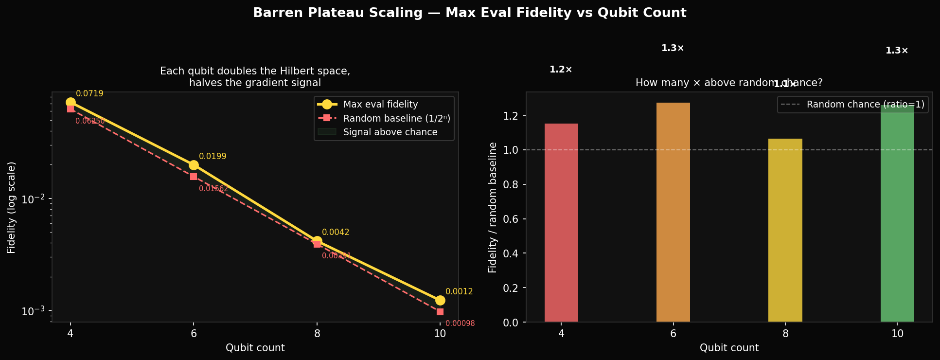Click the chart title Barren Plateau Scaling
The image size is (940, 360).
pyautogui.click(x=469, y=13)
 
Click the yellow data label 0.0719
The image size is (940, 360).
pyautogui.click(x=89, y=93)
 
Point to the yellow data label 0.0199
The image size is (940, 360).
pyautogui.click(x=213, y=157)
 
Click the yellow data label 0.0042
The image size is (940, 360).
pyautogui.click(x=336, y=233)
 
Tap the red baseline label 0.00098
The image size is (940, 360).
pyautogui.click(x=460, y=324)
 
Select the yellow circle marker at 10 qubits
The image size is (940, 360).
pyautogui.click(x=440, y=300)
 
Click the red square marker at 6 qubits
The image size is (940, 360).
pyautogui.click(x=194, y=177)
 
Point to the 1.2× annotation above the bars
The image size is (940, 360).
pyautogui.click(x=561, y=70)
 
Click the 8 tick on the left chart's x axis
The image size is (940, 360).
pyautogui.click(x=317, y=333)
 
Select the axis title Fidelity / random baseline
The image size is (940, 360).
pyautogui.click(x=493, y=207)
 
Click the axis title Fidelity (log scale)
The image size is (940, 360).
pyautogui.click(x=11, y=207)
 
